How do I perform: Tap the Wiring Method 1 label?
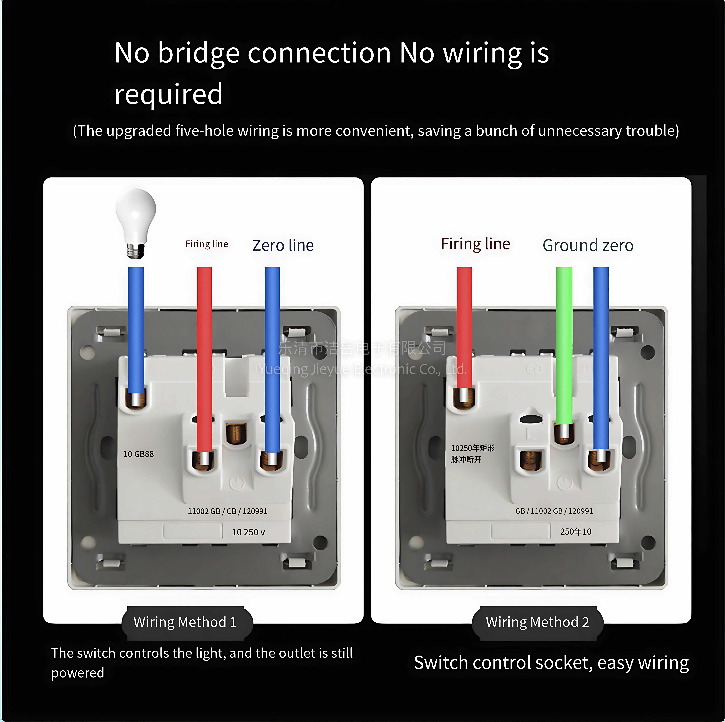185,622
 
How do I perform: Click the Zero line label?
283,245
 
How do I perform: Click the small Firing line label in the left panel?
207,244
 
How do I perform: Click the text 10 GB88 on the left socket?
139,454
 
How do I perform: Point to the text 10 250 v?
248,532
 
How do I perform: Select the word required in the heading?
169,94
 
